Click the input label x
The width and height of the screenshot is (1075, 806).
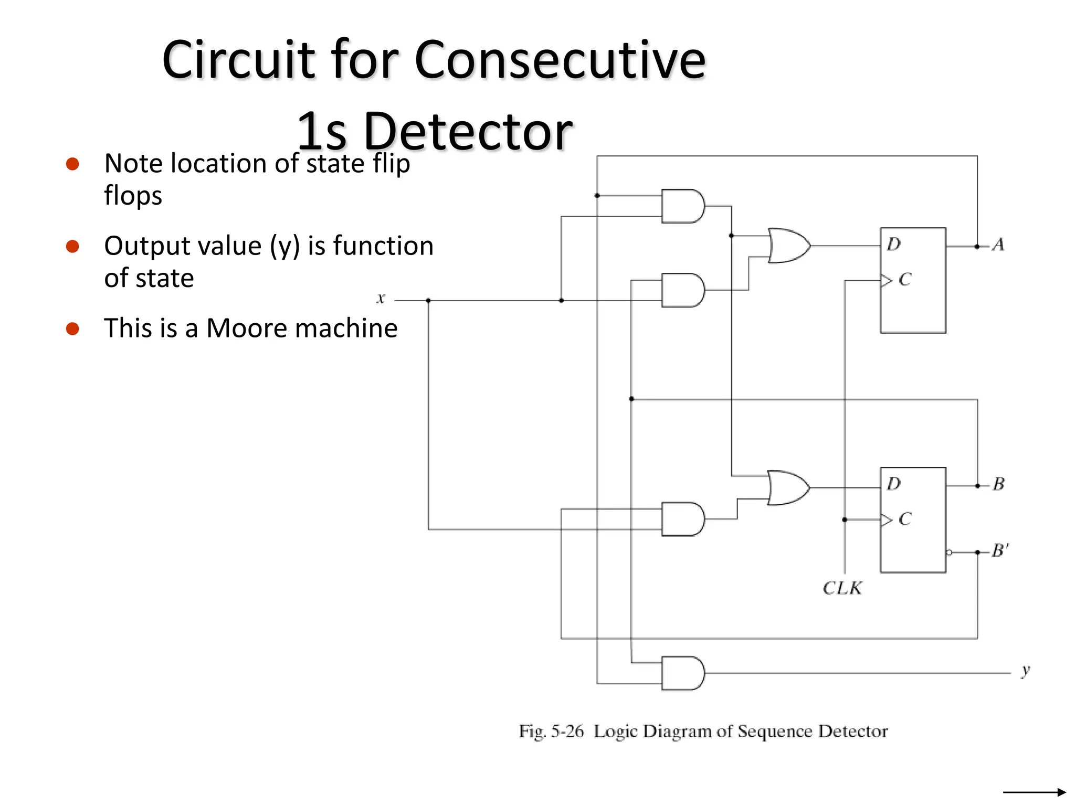[x=381, y=299]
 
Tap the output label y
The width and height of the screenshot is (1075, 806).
[x=1026, y=671]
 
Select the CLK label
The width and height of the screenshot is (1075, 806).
[x=842, y=588]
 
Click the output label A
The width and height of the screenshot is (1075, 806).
[x=998, y=245]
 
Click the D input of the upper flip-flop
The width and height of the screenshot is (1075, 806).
[x=893, y=245]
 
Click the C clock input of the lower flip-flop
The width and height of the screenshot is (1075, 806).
[x=904, y=519]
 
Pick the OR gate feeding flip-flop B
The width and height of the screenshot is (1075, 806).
[x=787, y=488]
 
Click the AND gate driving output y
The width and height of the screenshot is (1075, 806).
[x=682, y=673]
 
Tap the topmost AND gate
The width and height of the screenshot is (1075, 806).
[x=682, y=206]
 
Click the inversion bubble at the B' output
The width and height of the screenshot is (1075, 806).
[x=949, y=553]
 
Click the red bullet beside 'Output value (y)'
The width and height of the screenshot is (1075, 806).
[x=72, y=246]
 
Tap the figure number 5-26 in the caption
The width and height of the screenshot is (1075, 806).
[x=567, y=731]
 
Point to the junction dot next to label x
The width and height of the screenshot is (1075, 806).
[x=428, y=301]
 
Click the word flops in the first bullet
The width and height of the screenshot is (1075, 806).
[x=133, y=196]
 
